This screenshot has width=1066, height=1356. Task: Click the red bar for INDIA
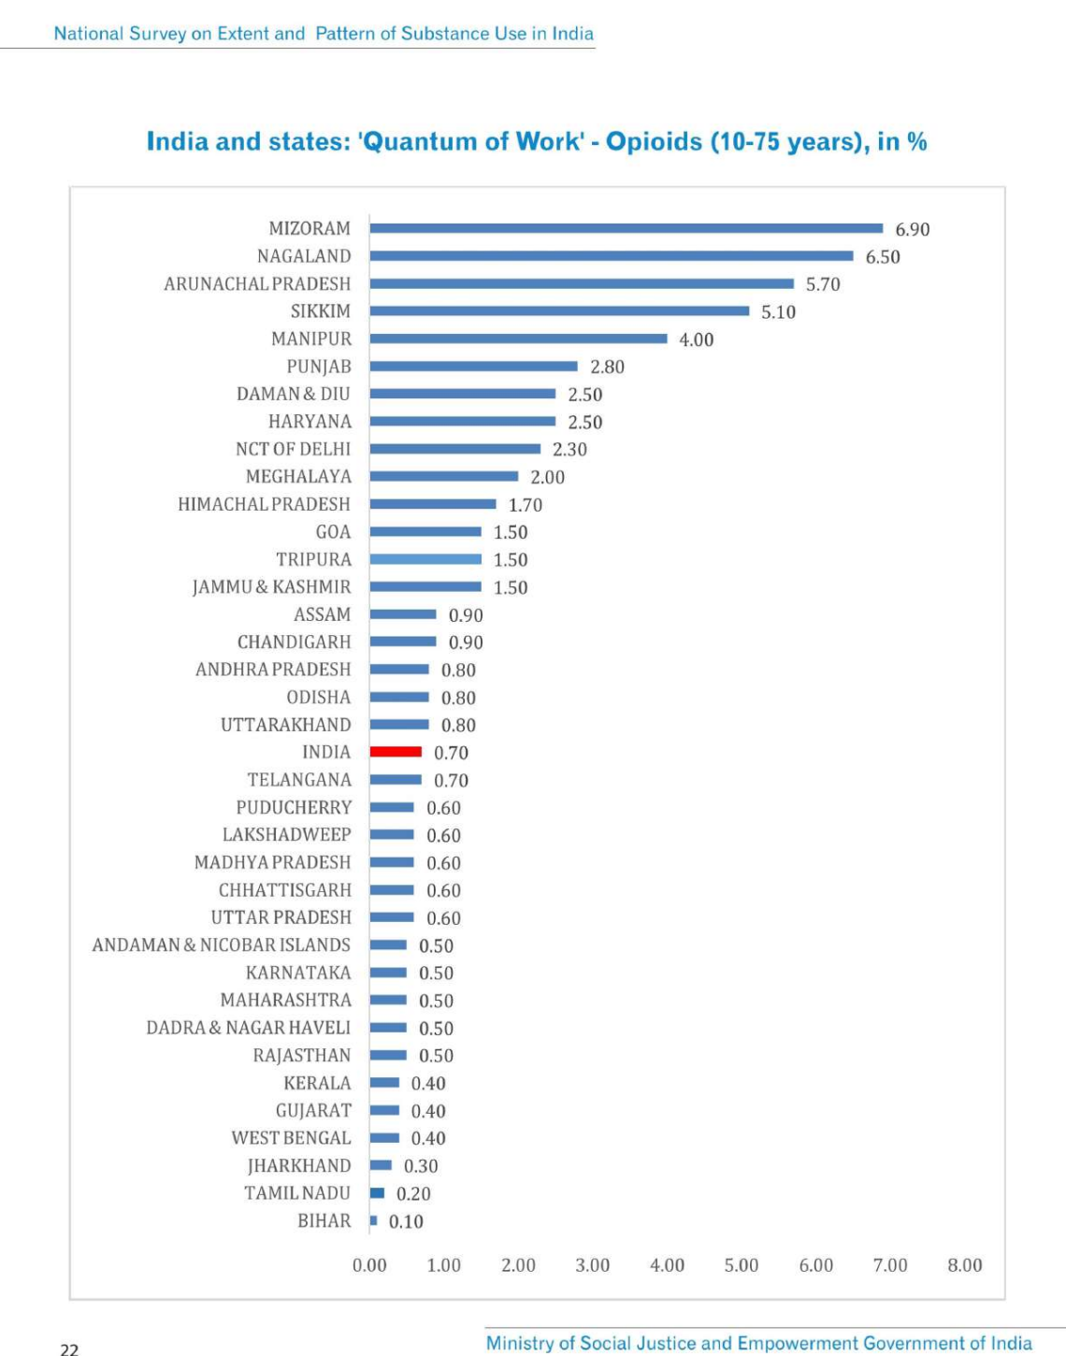click(x=396, y=752)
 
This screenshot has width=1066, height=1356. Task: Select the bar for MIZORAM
click(x=626, y=228)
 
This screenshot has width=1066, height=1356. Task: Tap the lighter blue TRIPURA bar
click(x=425, y=559)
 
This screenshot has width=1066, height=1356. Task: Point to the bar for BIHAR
click(x=373, y=1220)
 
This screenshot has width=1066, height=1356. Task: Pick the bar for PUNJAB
click(x=473, y=367)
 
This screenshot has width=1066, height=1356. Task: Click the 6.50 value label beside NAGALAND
click(x=883, y=257)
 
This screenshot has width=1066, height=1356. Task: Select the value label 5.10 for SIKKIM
click(x=778, y=312)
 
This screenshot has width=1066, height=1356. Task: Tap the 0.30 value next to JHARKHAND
click(x=421, y=1166)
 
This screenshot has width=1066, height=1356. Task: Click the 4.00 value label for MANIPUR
click(x=696, y=339)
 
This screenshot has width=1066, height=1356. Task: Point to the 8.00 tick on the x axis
click(x=965, y=1265)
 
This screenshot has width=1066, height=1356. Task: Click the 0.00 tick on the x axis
click(x=369, y=1265)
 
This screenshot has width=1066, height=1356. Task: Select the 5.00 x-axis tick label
click(x=742, y=1265)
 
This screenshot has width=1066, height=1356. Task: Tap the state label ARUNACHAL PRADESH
click(x=257, y=284)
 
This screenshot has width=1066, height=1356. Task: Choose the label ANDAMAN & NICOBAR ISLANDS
click(x=221, y=945)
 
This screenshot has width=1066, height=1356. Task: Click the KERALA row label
click(x=317, y=1083)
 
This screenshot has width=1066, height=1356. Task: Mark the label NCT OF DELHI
click(x=293, y=449)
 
